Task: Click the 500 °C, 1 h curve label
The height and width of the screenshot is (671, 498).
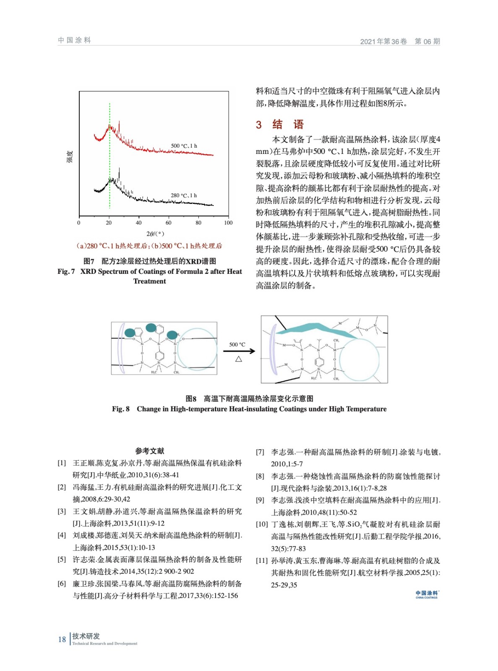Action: pos(184,146)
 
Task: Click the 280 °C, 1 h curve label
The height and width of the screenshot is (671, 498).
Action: pos(184,195)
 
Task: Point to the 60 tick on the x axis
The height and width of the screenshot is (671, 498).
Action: pos(168,223)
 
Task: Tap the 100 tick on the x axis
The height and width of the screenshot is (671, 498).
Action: pos(228,223)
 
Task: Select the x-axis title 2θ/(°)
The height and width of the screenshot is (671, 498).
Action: pos(155,234)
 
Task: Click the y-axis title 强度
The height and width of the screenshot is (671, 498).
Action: pos(70,156)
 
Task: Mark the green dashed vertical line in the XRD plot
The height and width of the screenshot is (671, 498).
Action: pos(110,168)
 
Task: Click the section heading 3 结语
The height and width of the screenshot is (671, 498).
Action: pos(279,125)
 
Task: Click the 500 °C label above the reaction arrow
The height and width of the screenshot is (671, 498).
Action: pos(237,344)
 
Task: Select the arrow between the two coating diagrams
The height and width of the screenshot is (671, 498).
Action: pos(239,351)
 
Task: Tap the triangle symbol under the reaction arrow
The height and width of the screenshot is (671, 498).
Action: pos(239,359)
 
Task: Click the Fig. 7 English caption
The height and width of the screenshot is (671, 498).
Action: pos(150,276)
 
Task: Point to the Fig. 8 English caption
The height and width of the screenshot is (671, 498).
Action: pos(249,409)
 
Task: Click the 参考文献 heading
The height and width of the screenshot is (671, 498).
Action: pos(150,451)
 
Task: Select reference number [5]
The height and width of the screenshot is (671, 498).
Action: pos(62,559)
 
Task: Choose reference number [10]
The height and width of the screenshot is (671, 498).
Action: pos(262,524)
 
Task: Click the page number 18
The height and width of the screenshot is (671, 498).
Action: pos(62,640)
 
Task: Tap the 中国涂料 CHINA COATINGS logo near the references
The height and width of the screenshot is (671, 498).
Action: pos(427,594)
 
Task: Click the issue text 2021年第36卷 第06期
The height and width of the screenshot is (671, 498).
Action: pos(400,42)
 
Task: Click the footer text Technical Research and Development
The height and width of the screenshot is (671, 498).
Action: pos(105,643)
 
